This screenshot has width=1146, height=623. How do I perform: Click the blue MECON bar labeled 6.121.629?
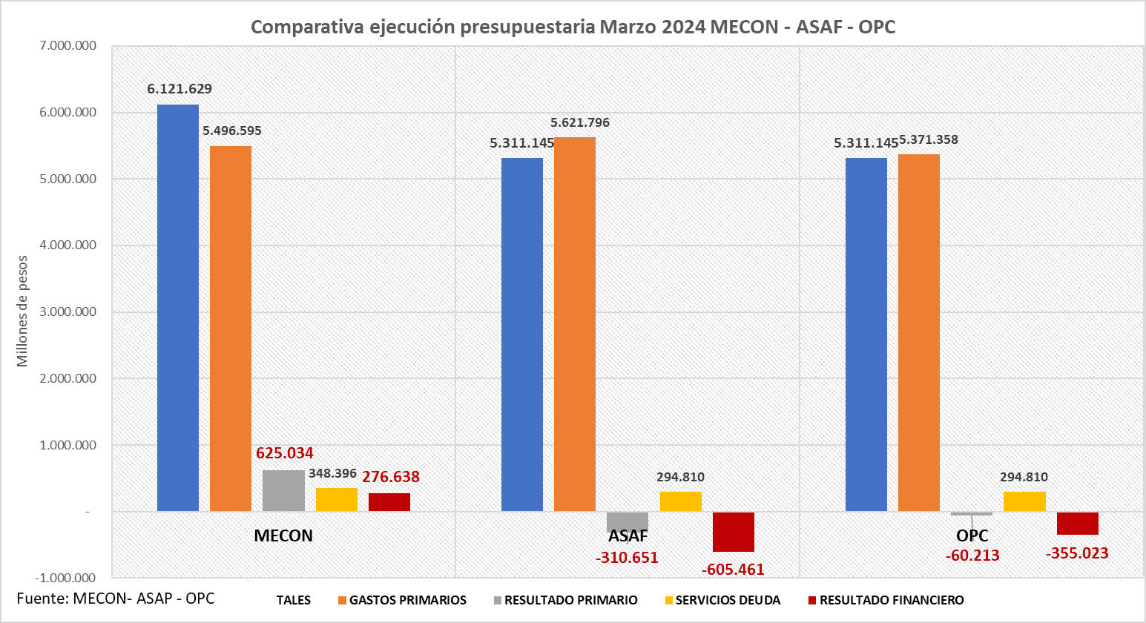[x=178, y=308]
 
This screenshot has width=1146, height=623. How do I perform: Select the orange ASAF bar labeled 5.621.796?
[x=575, y=324]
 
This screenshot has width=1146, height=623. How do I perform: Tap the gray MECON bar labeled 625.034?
[x=283, y=490]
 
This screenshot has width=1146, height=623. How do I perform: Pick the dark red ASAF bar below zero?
[x=733, y=532]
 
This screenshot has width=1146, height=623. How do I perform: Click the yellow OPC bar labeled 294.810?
[x=1024, y=501]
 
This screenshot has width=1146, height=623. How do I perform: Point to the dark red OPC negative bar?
[x=1077, y=523]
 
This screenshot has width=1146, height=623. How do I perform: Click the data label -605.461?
[x=733, y=570]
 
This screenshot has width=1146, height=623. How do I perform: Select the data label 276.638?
[x=391, y=477]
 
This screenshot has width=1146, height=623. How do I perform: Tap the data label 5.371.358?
[x=929, y=139]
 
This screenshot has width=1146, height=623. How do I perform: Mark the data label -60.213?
[x=972, y=556]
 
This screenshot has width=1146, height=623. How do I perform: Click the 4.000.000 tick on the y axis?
[x=68, y=245]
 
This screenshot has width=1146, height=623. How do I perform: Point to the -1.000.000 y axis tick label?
[x=66, y=578]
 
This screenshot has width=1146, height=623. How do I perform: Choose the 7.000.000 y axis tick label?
[x=68, y=46]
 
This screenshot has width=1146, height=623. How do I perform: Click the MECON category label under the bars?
[x=283, y=535]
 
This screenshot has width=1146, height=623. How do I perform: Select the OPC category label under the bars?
[x=972, y=535]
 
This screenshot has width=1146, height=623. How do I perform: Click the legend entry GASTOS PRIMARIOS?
[x=407, y=600]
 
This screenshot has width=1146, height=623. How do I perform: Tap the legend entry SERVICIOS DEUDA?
[x=727, y=600]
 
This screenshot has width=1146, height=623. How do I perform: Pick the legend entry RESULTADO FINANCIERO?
[x=891, y=600]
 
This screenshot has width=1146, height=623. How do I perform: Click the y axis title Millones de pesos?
[x=22, y=311]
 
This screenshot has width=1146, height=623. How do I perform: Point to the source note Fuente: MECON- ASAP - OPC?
[x=116, y=599]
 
